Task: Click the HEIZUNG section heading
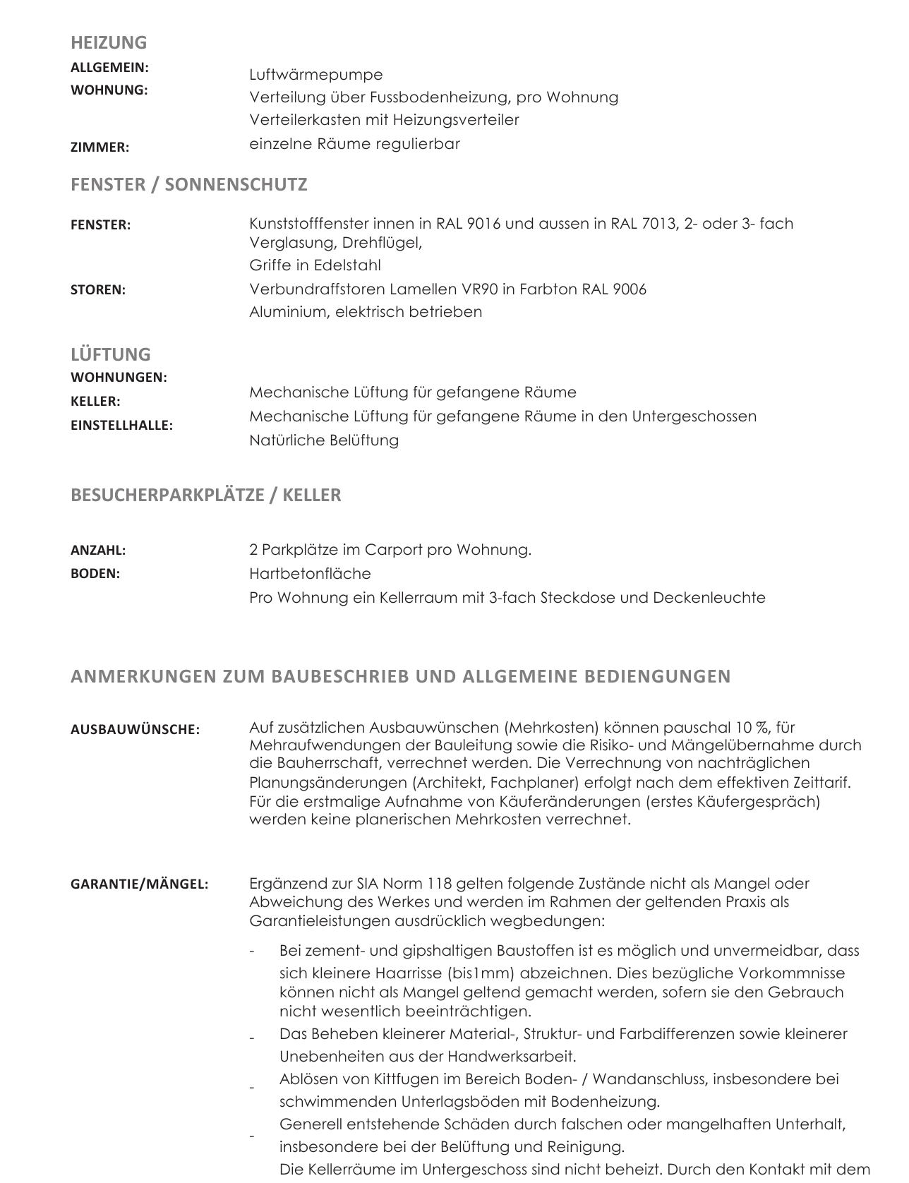coord(109,42)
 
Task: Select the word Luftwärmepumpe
coord(316,74)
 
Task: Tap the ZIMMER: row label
coord(100,148)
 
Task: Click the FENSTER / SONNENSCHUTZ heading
coord(188,184)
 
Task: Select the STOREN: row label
coord(98,289)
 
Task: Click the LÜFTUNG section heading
coord(111,354)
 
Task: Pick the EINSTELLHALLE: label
coord(121,426)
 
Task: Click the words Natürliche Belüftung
coord(324,440)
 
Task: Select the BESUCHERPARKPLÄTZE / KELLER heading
coord(205,495)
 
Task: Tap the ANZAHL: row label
coord(98,550)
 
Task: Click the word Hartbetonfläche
coord(310,574)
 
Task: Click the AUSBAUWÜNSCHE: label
coord(135,730)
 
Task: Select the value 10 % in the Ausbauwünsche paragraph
coord(753,728)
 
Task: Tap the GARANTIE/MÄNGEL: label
coord(139,884)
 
